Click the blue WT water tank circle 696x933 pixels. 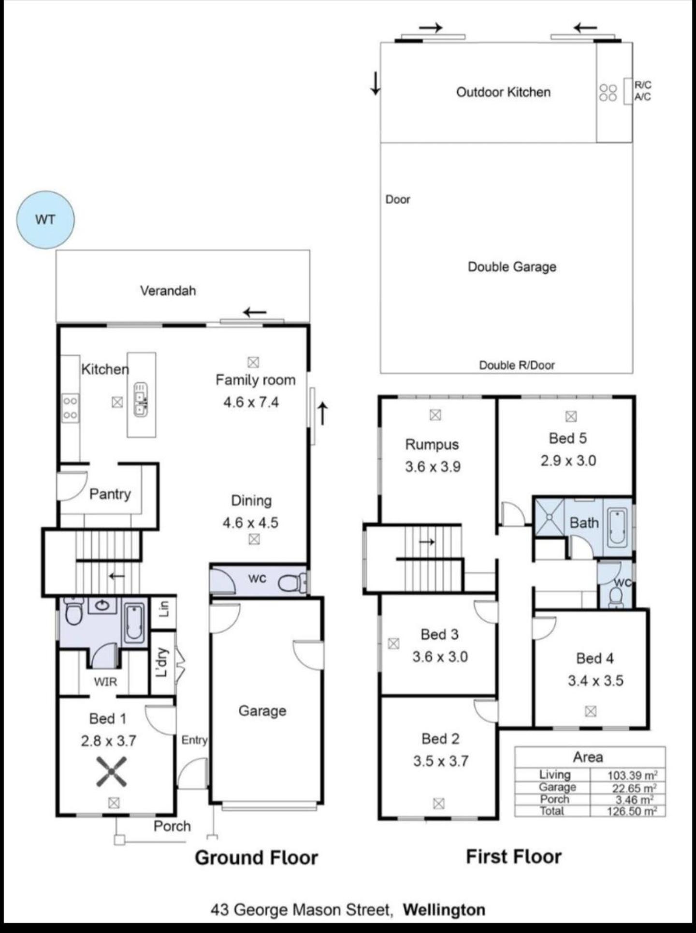(x=45, y=220)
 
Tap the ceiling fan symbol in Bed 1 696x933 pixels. (x=111, y=772)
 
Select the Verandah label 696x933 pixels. (x=168, y=291)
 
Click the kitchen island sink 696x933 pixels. (x=141, y=399)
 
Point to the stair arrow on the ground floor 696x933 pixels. (x=116, y=576)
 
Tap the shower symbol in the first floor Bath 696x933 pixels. (x=550, y=517)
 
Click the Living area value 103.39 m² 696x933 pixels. (x=632, y=775)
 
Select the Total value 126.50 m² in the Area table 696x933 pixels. (x=632, y=811)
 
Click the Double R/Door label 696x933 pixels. (x=517, y=365)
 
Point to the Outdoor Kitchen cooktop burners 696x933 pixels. (x=608, y=92)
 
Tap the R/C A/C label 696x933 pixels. (x=642, y=91)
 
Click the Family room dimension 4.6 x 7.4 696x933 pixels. (x=251, y=402)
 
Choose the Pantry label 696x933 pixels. (x=110, y=494)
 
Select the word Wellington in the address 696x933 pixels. (x=444, y=910)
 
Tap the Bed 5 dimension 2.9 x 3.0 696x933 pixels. (x=568, y=461)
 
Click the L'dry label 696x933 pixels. (x=163, y=662)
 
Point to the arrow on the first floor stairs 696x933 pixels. (x=427, y=542)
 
